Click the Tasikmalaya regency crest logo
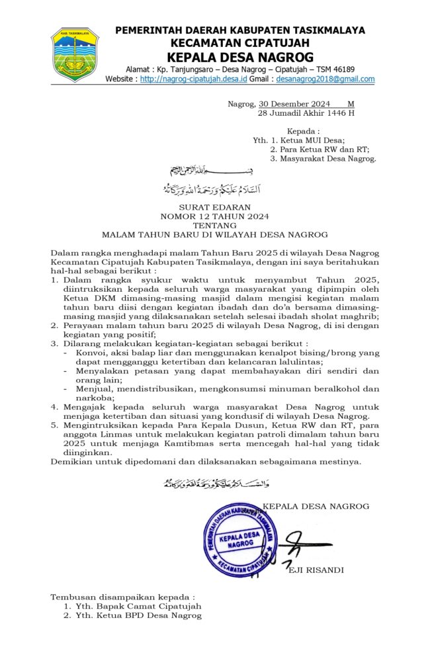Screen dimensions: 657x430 click(75, 55)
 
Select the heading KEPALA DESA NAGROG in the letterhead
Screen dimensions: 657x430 click(240, 57)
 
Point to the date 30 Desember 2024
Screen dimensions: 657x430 click(294, 104)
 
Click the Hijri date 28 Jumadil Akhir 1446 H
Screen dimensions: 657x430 click(306, 113)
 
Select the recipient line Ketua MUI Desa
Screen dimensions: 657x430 click(307, 140)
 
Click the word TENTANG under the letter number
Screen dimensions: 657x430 click(215, 225)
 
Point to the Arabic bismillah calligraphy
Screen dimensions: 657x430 click(216, 171)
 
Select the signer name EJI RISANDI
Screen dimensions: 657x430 click(316, 570)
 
